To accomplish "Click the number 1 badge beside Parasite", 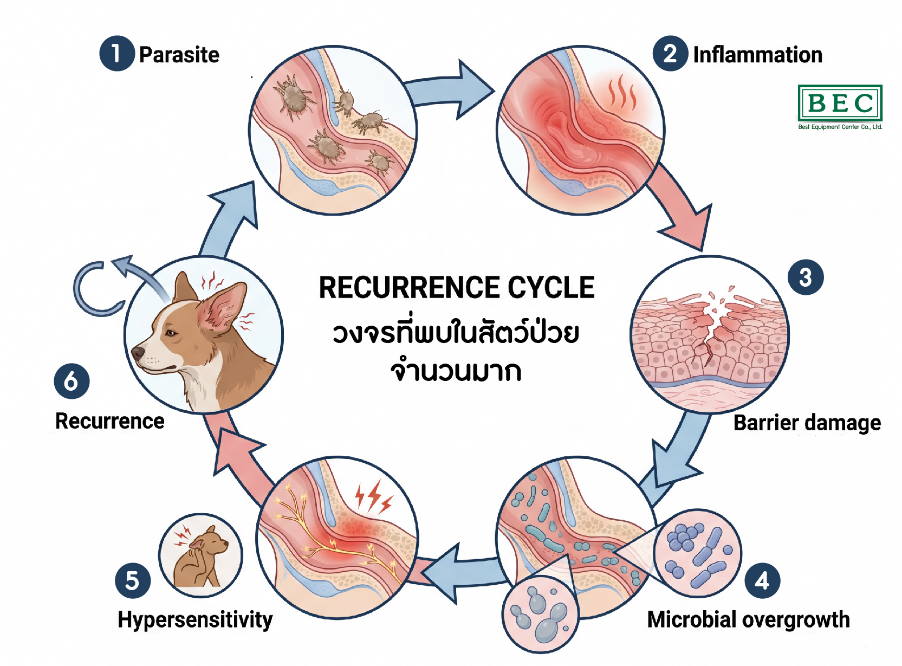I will (x=116, y=54).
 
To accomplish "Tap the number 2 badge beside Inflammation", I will (x=670, y=54).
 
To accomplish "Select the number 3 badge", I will (x=806, y=277).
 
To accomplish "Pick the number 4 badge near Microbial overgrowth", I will (x=762, y=581).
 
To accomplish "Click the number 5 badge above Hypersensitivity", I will (x=133, y=581).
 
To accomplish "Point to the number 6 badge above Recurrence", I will (x=72, y=382).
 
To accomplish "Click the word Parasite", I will (x=179, y=55).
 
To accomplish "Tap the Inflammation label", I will (x=757, y=55).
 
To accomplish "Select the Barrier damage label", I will (x=807, y=423).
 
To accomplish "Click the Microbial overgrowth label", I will (x=748, y=619).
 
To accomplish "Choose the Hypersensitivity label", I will (x=195, y=619).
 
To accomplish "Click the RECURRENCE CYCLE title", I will (x=456, y=287).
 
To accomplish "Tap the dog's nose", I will (x=138, y=353).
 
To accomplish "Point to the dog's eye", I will (x=171, y=333).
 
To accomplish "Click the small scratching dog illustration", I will (x=200, y=555).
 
